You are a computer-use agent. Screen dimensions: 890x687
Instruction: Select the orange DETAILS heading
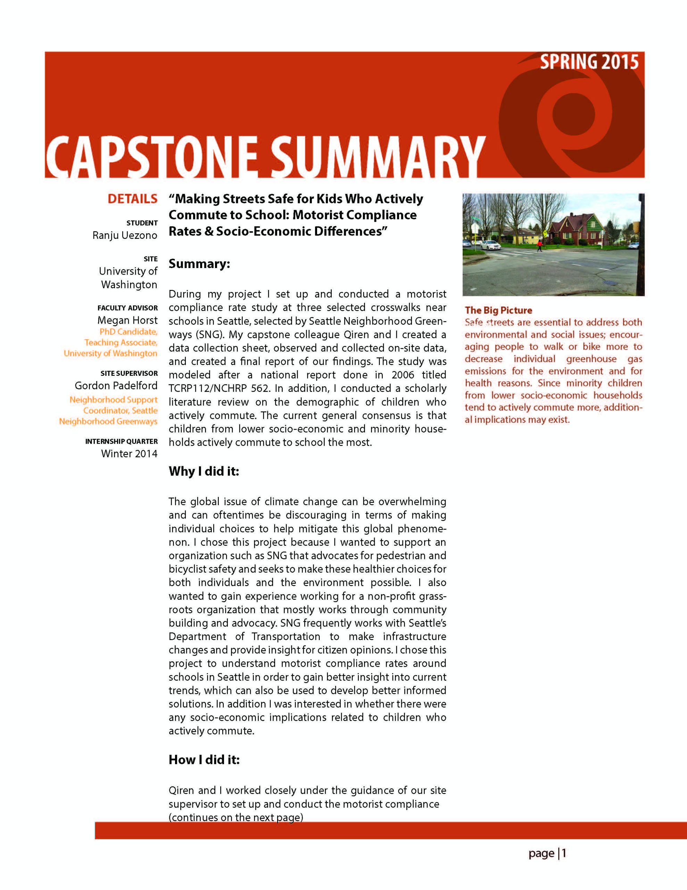click(x=132, y=199)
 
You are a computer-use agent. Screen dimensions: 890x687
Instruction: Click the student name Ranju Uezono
click(x=125, y=236)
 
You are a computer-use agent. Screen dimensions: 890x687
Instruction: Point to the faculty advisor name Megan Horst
click(x=127, y=320)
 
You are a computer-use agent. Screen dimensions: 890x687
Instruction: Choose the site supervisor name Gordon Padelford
click(x=116, y=386)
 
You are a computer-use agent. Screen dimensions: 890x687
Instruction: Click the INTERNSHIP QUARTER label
click(x=121, y=441)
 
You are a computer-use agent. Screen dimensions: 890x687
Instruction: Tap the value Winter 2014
click(x=129, y=454)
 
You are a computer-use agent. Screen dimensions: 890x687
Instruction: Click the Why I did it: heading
click(x=204, y=471)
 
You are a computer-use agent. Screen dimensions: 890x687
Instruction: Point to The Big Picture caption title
click(x=498, y=310)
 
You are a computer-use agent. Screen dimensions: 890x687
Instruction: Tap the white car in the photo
click(x=490, y=245)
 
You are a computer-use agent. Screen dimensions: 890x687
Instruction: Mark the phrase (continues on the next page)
click(x=236, y=817)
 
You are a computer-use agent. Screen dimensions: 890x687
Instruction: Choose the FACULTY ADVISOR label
click(x=127, y=308)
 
